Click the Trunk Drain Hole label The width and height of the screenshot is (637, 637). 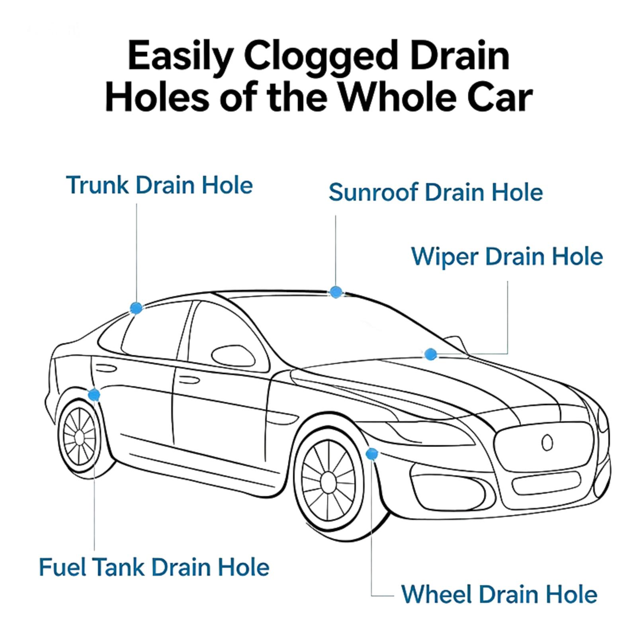tap(160, 185)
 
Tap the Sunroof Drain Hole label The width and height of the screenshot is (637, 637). tap(436, 192)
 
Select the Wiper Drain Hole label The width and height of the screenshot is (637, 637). tap(507, 256)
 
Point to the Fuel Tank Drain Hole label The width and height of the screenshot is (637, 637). tap(154, 567)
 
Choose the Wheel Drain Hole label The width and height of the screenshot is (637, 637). tap(499, 594)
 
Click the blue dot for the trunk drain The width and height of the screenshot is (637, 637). tap(136, 307)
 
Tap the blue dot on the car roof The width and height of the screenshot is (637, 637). tap(336, 292)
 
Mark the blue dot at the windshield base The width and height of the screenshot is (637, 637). tap(430, 354)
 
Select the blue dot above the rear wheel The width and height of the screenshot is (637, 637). tap(94, 395)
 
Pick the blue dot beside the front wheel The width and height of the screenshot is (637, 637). tap(371, 453)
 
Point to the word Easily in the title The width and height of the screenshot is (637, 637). tap(180, 56)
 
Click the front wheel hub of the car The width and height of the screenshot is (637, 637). tap(328, 482)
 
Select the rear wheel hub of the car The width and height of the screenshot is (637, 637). tap(79, 437)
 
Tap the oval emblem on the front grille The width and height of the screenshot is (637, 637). tap(547, 442)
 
